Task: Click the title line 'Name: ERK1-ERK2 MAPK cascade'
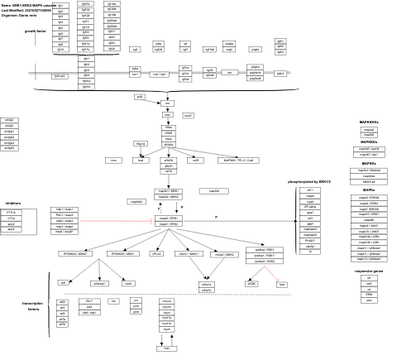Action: pyautogui.click(x=28, y=4)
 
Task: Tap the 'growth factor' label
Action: pyautogui.click(x=36, y=31)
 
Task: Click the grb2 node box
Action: pyautogui.click(x=140, y=97)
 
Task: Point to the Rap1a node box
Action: pyautogui.click(x=141, y=144)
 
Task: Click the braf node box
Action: pyautogui.click(x=140, y=161)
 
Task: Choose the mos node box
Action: pyautogui.click(x=114, y=161)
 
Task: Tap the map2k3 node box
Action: pyautogui.click(x=136, y=201)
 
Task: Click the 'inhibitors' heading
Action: pyautogui.click(x=13, y=203)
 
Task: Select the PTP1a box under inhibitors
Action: pyautogui.click(x=11, y=213)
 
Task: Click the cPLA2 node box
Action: pyautogui.click(x=156, y=254)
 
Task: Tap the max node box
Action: pyautogui.click(x=168, y=348)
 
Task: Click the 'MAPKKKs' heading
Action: pyautogui.click(x=369, y=122)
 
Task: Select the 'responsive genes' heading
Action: pyautogui.click(x=369, y=271)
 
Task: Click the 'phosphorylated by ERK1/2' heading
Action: pyautogui.click(x=309, y=181)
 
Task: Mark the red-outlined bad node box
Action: pyautogui.click(x=282, y=284)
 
